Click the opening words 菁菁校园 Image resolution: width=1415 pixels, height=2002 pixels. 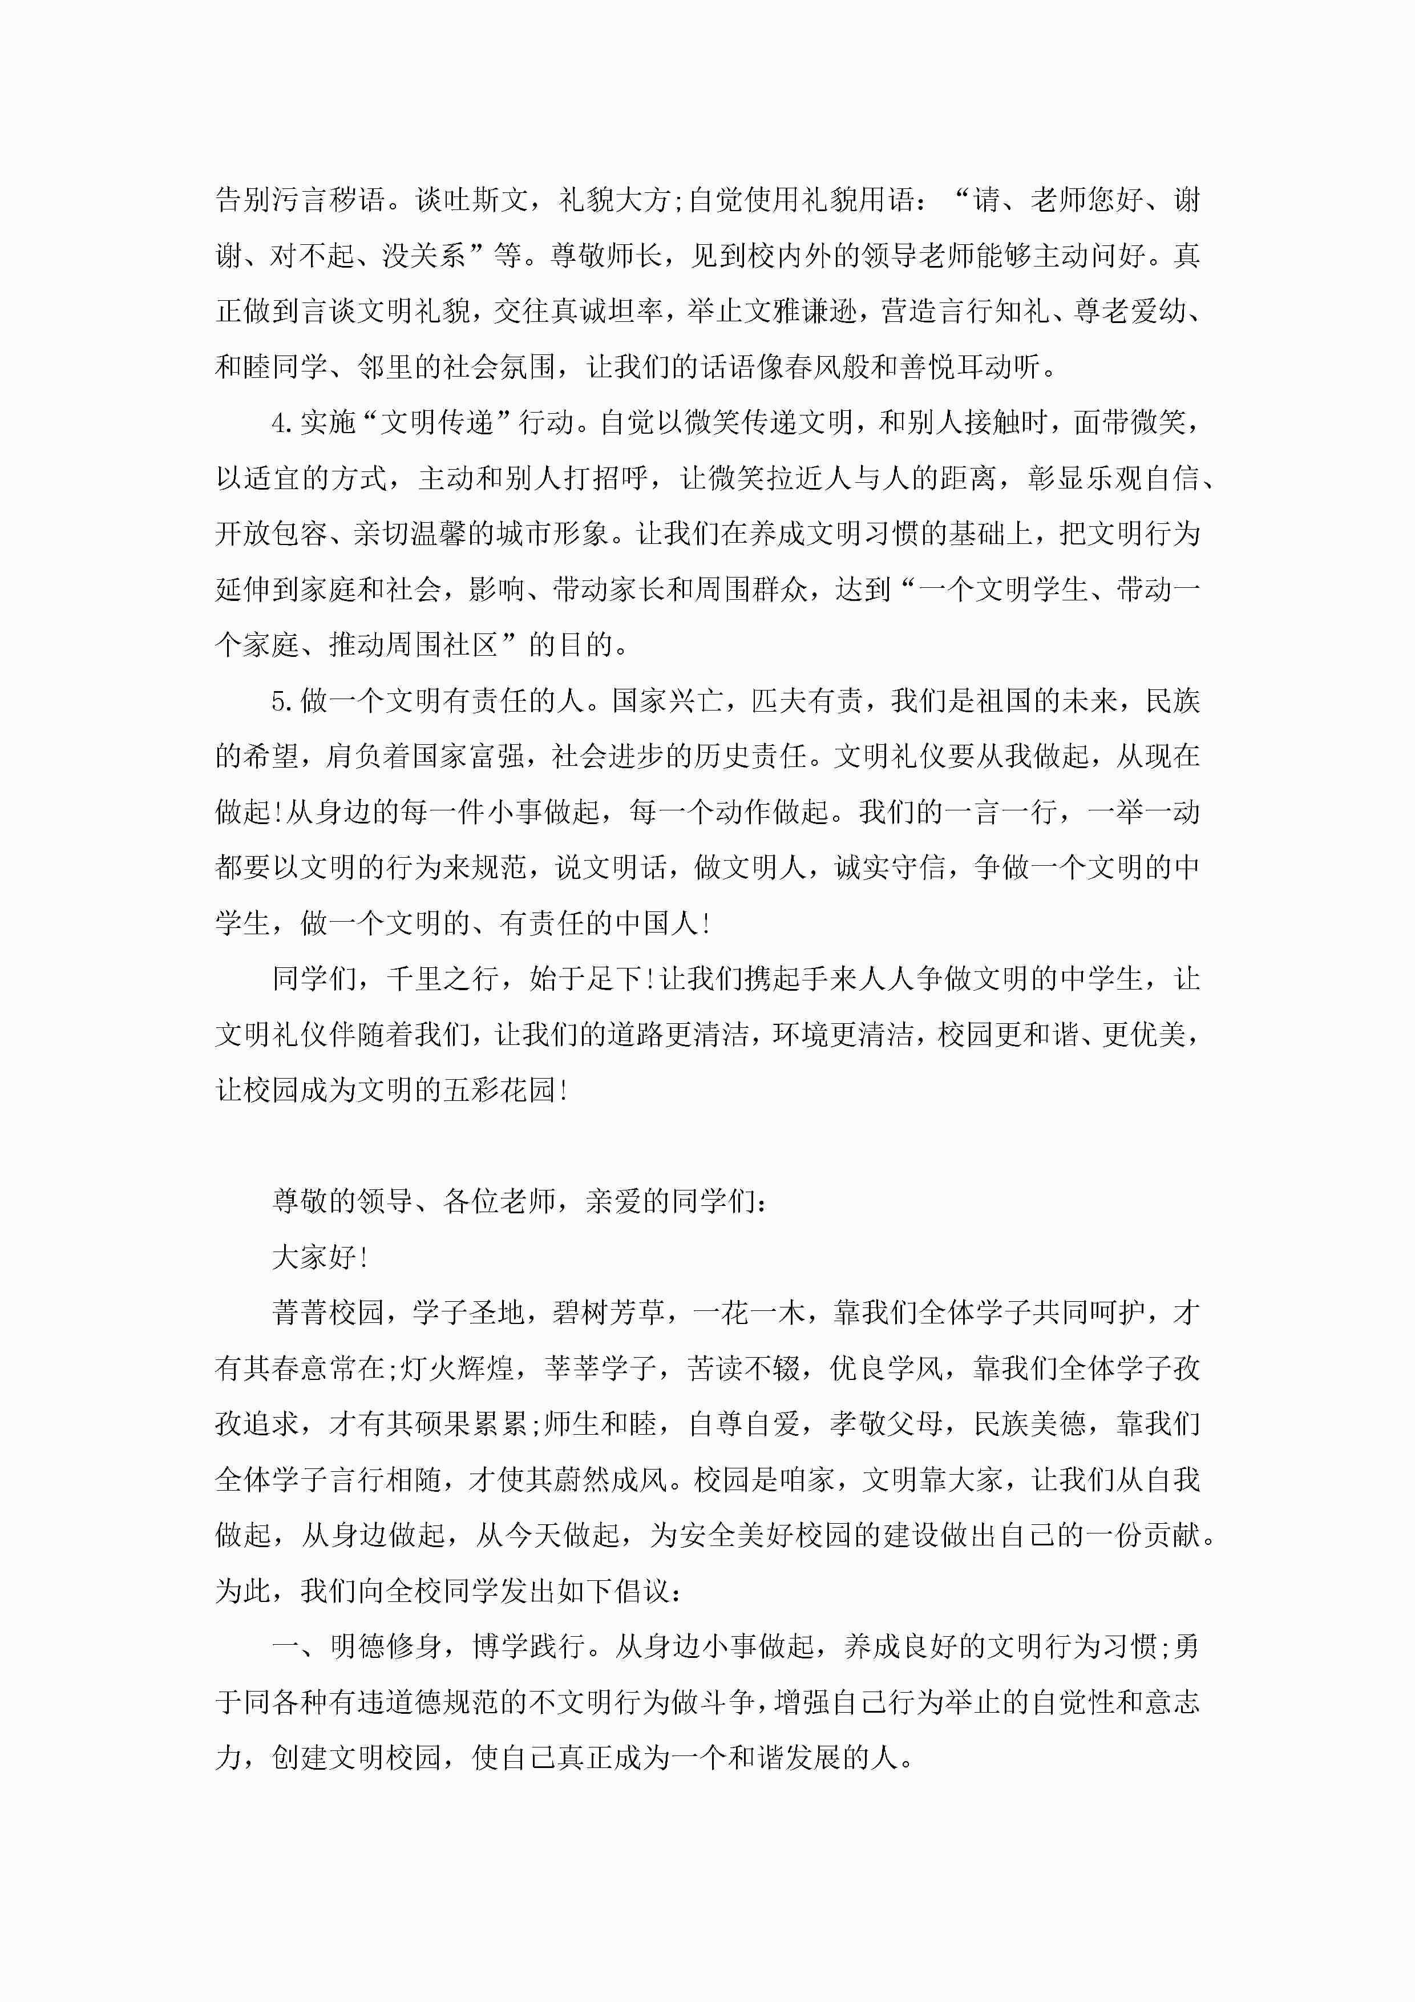(328, 1313)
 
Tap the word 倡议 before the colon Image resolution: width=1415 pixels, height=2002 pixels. (642, 1591)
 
